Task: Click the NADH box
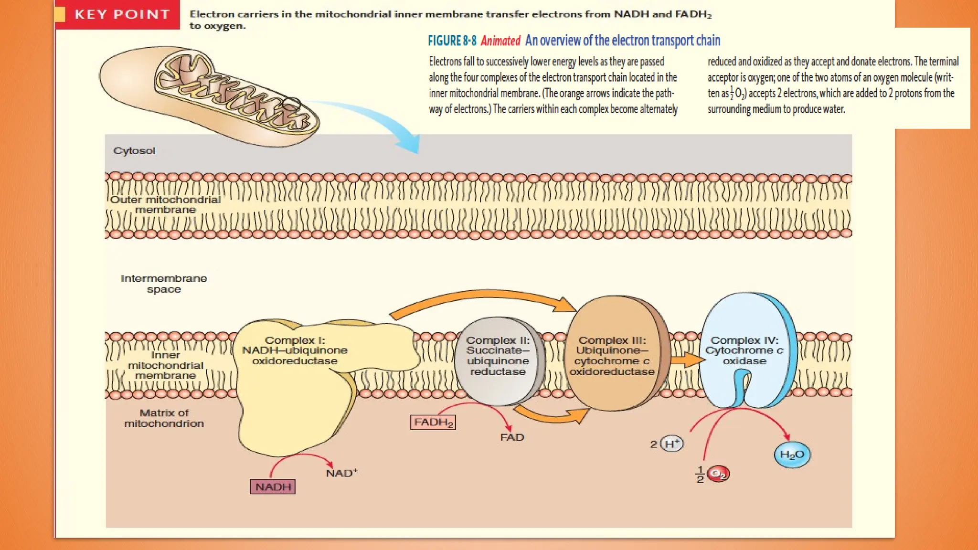(273, 487)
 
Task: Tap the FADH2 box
(433, 422)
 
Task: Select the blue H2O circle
(792, 454)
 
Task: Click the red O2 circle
(718, 474)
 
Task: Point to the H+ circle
(672, 444)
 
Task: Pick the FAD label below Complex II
(512, 437)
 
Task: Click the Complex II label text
(498, 356)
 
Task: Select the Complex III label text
(612, 356)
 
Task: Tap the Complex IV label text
(744, 350)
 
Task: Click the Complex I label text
(295, 350)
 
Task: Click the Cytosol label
(134, 151)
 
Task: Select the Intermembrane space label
(164, 284)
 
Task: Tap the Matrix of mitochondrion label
(164, 418)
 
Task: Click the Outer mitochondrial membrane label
(165, 204)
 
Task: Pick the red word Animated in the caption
(500, 41)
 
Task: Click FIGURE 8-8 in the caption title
(452, 41)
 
